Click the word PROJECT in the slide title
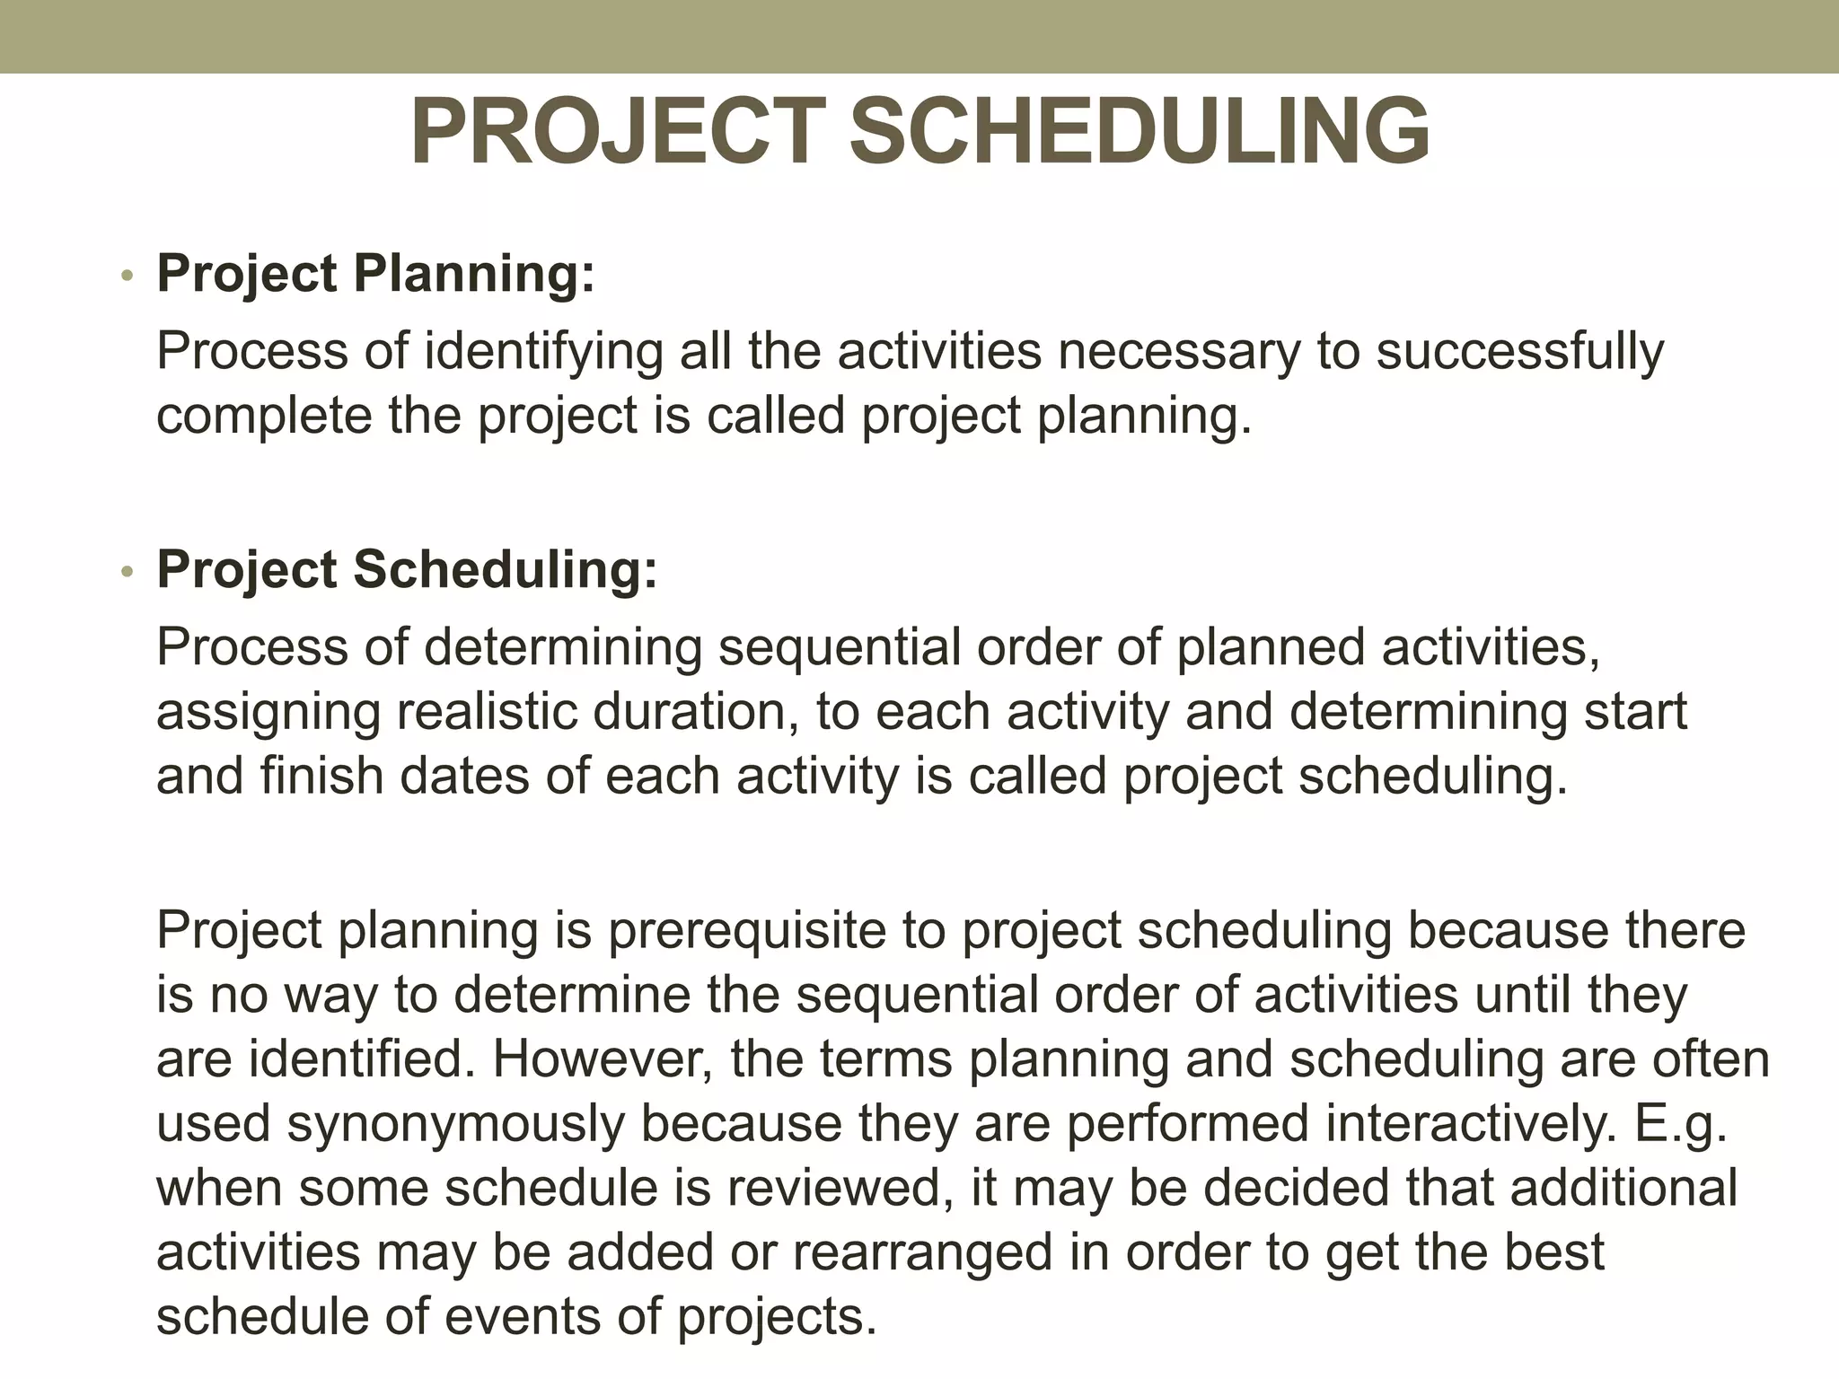618,133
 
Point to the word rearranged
922,1252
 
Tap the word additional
1623,1188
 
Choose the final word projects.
776,1317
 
